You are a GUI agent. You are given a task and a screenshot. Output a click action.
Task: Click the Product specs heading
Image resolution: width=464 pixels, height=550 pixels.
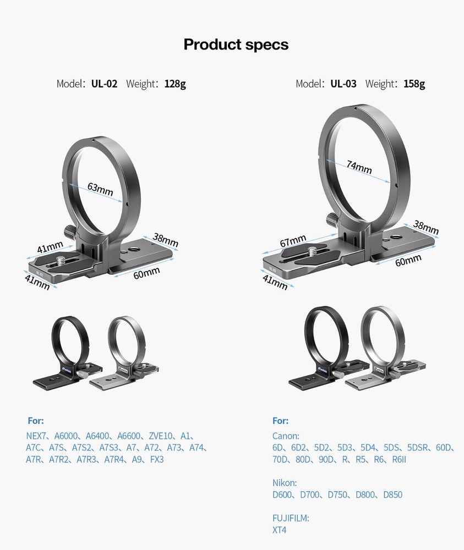coord(236,44)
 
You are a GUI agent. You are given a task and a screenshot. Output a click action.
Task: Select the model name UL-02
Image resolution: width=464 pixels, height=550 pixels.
coord(104,84)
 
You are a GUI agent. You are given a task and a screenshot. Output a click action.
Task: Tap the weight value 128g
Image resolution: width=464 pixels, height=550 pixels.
coord(175,84)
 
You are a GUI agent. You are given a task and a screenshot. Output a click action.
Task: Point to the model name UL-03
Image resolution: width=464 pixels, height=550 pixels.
coord(343,84)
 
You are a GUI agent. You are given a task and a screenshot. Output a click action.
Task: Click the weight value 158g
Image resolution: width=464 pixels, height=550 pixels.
coord(414,84)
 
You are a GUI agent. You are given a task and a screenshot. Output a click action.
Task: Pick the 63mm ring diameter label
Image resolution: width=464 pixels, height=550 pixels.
coord(100,189)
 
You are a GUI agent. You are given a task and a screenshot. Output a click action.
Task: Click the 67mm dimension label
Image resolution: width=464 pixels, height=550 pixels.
coord(292,241)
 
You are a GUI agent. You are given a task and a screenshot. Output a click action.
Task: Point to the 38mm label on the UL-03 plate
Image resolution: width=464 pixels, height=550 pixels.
coord(425,227)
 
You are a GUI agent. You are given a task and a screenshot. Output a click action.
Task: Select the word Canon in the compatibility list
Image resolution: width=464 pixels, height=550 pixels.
coord(286,436)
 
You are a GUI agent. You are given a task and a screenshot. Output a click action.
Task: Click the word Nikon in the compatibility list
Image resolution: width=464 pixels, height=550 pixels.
coord(285,483)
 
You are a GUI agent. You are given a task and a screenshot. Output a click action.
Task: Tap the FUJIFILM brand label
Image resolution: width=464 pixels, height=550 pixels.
coord(291,518)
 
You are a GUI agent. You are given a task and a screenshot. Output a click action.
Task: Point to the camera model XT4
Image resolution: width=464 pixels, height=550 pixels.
coord(280,530)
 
